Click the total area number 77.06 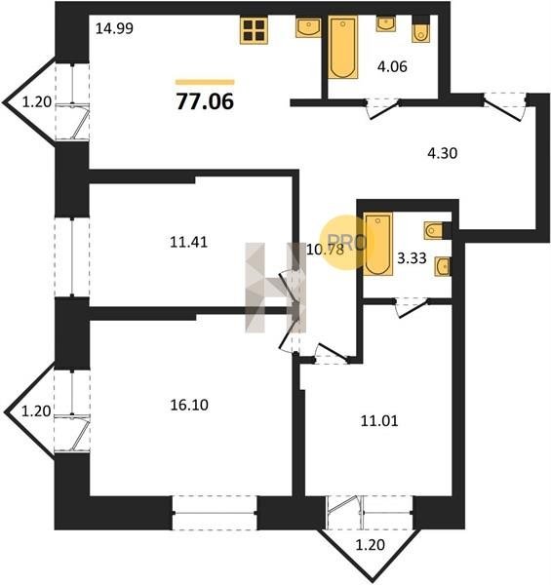pos(205,101)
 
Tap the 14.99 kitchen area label pos(114,28)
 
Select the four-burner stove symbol pos(254,30)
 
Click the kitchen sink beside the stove pos(308,27)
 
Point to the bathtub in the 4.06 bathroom pos(343,47)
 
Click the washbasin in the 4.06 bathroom pos(386,23)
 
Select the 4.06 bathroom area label pos(392,66)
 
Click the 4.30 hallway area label pos(443,153)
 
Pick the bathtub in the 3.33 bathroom pos(378,244)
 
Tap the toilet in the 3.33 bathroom pos(434,230)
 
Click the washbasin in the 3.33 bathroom pos(442,266)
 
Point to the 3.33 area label pos(412,257)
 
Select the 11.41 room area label pos(189,243)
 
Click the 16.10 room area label pos(189,405)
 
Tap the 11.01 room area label pos(379,421)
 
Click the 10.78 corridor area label pos(325,250)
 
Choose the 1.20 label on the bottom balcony pos(370,545)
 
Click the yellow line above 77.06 pos(205,82)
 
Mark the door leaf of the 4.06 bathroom pos(384,109)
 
